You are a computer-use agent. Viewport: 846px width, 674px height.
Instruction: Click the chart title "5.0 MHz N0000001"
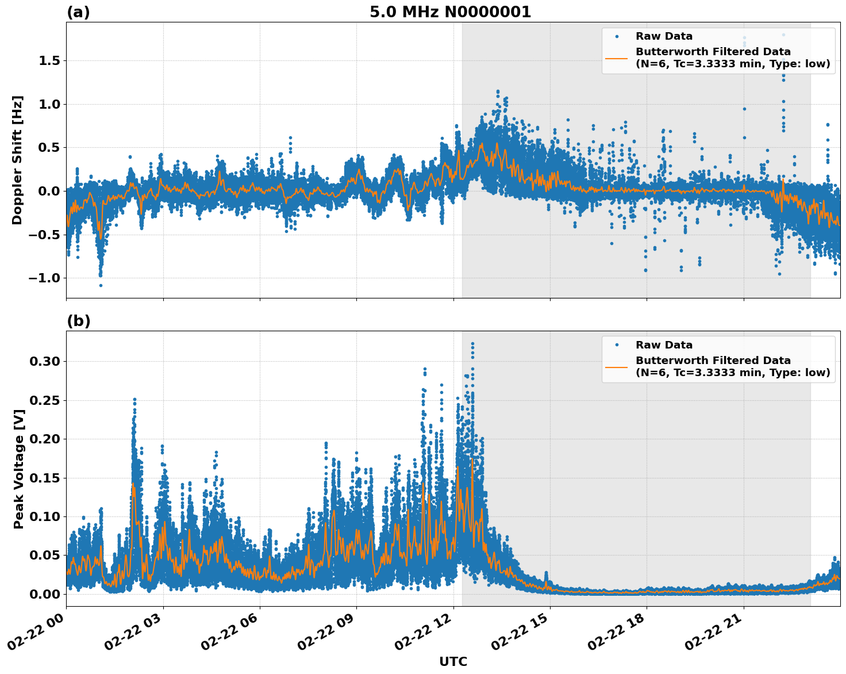tap(450, 12)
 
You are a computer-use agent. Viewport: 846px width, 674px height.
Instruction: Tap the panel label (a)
tap(78, 12)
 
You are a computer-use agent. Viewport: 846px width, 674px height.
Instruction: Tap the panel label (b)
tap(78, 321)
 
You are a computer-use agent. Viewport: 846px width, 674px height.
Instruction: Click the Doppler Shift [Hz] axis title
tap(17, 160)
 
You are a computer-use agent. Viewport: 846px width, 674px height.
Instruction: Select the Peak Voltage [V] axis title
tap(19, 469)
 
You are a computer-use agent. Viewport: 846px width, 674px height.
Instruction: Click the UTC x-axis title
tap(453, 661)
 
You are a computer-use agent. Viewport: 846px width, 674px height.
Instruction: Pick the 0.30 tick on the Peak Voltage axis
tap(45, 362)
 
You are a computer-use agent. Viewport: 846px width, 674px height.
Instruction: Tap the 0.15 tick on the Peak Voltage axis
tap(45, 478)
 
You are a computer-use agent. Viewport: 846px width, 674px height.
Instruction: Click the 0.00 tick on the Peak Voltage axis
tap(45, 594)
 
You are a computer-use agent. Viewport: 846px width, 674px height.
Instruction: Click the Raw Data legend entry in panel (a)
tap(664, 36)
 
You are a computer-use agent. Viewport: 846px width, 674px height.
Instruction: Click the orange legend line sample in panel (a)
tap(616, 58)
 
